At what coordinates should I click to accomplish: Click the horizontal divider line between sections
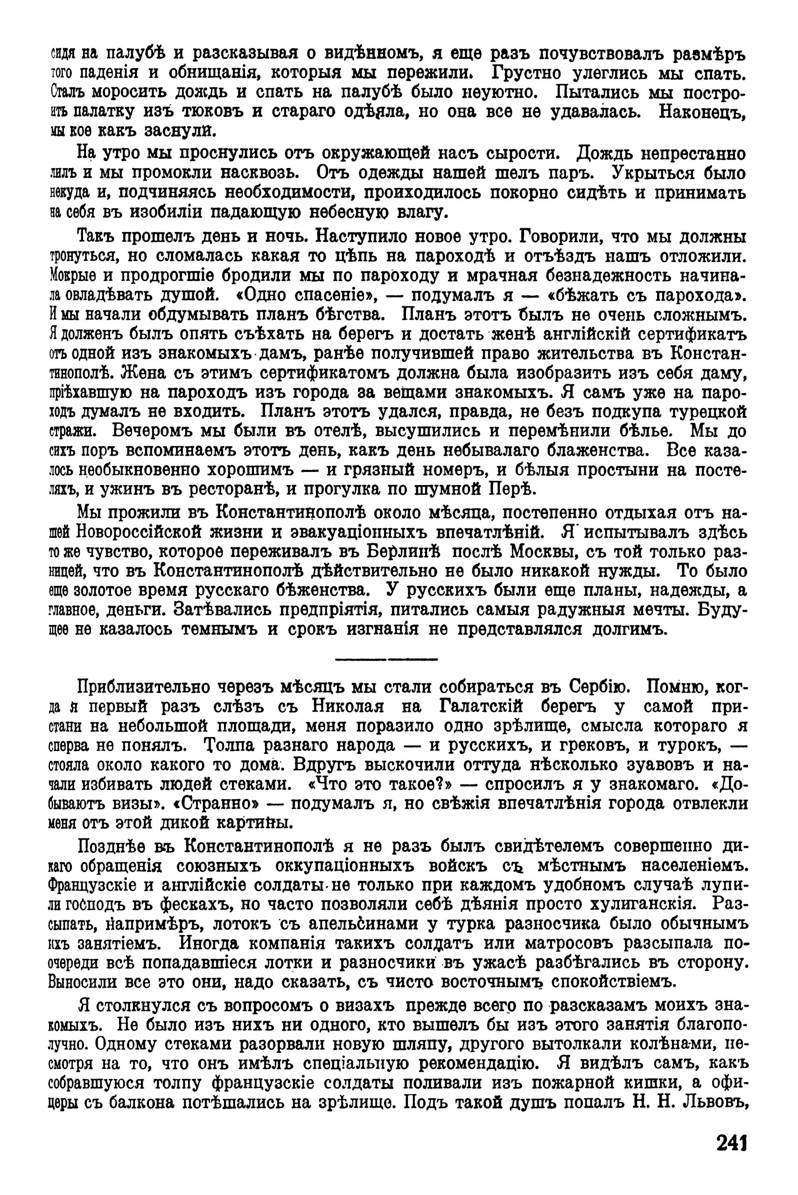point(386,660)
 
